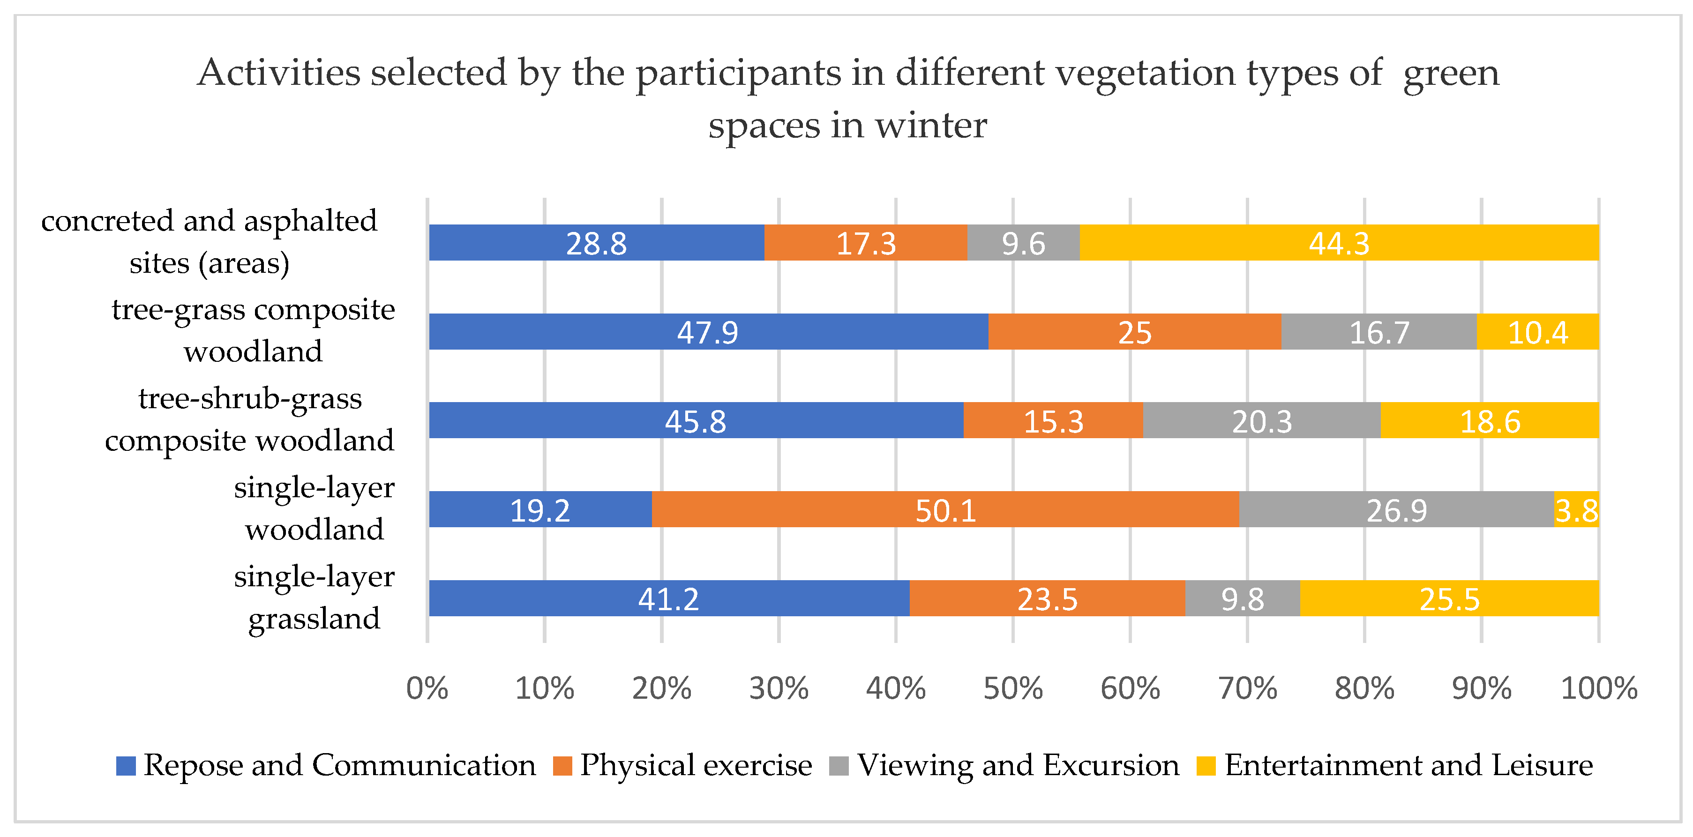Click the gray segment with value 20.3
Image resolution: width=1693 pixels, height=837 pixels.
click(x=1261, y=420)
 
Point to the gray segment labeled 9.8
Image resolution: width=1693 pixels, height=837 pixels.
click(x=1242, y=598)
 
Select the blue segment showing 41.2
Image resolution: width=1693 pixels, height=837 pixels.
click(x=668, y=598)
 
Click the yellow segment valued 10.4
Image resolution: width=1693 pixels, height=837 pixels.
click(x=1537, y=332)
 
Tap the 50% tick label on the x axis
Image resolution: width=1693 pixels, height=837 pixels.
click(x=1013, y=688)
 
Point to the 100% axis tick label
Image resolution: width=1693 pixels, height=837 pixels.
click(x=1598, y=688)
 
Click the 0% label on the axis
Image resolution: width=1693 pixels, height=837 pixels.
click(x=427, y=688)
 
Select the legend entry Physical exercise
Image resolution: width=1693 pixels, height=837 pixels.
click(x=696, y=765)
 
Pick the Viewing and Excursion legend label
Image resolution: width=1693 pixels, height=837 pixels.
click(x=1018, y=765)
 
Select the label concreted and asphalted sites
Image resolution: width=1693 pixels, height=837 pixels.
click(x=209, y=241)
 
